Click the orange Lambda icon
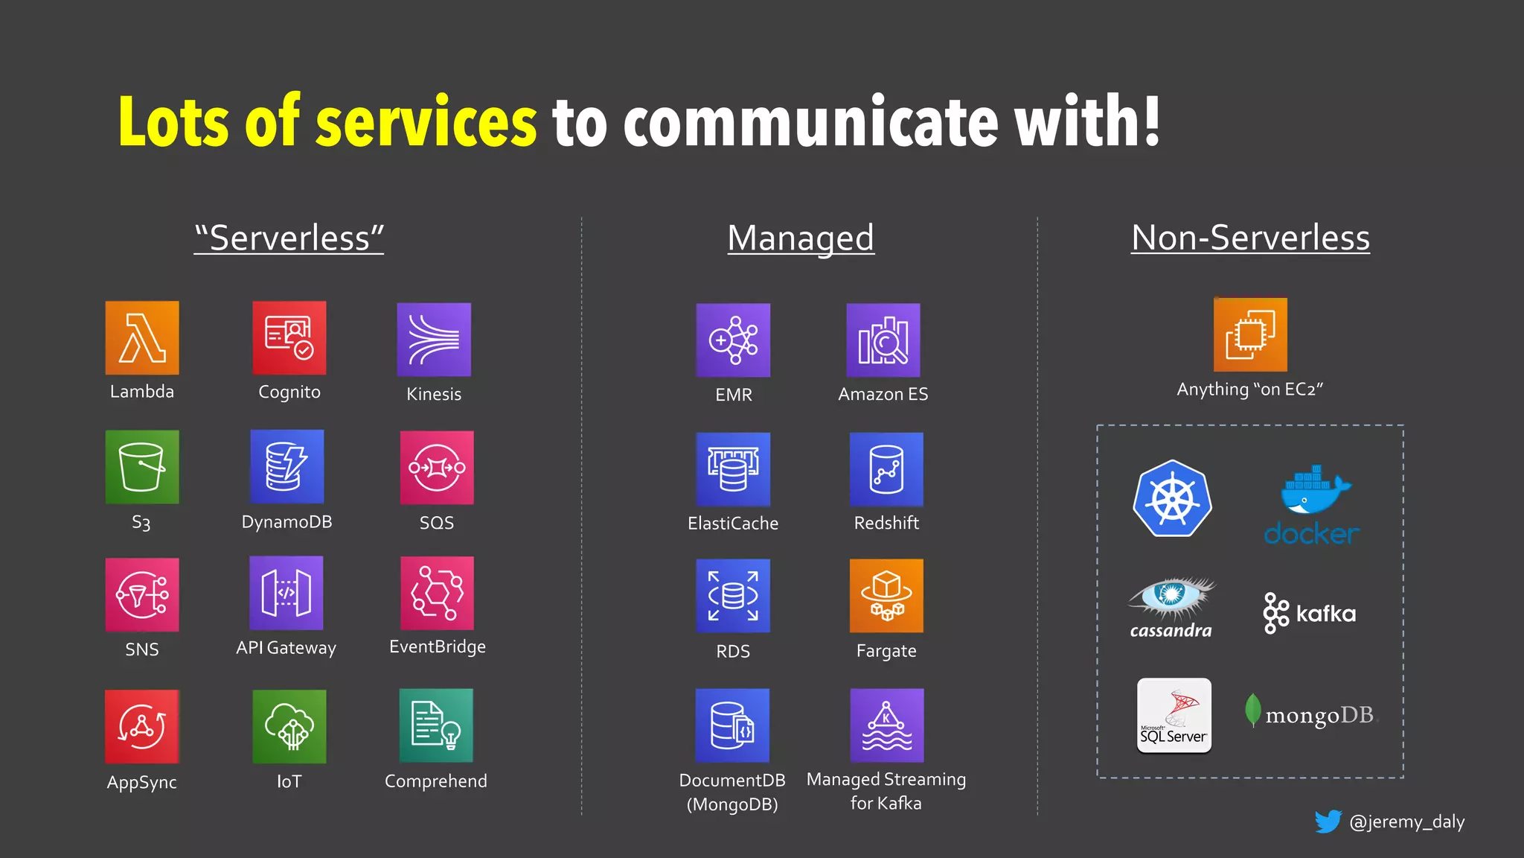[142, 337]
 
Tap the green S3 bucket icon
[142, 467]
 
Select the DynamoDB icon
[287, 467]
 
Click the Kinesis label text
[434, 394]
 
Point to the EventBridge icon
[437, 594]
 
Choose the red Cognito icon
[289, 337]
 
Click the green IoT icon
[289, 726]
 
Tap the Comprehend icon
[436, 725]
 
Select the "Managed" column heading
[801, 238]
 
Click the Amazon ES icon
[883, 340]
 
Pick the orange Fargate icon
[886, 596]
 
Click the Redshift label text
[886, 523]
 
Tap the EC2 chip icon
[1250, 334]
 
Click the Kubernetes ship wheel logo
[1172, 498]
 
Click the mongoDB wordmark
[1319, 715]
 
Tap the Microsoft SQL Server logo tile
[1174, 716]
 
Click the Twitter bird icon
[1328, 822]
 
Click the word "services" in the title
[426, 121]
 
